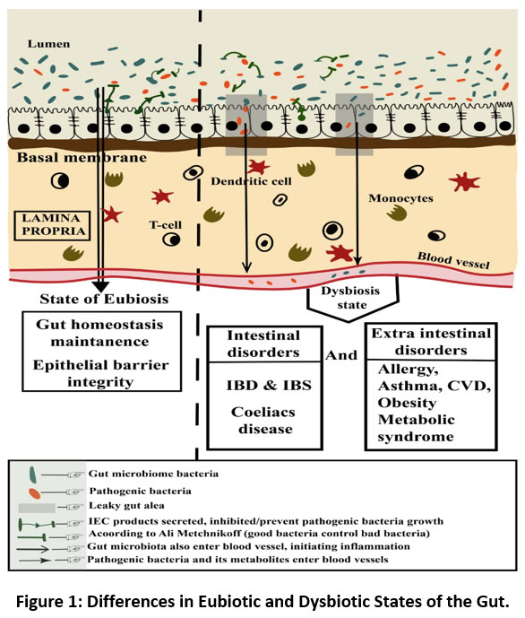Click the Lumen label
tap(48, 44)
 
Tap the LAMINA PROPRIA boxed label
tap(52, 225)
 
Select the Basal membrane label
tap(82, 158)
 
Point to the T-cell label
tap(165, 225)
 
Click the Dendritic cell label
tap(251, 181)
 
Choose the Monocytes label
tap(400, 198)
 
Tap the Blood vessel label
tap(453, 260)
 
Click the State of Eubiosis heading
tap(104, 300)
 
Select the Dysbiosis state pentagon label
tap(350, 298)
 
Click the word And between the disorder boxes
tap(340, 355)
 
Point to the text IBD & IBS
tap(269, 386)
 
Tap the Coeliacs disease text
tap(263, 420)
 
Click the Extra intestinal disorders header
tap(431, 342)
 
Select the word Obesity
tap(407, 404)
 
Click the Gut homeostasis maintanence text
tap(100, 333)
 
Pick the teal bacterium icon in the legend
tap(33, 474)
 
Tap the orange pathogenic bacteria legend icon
tap(35, 493)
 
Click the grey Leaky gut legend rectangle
tap(37, 508)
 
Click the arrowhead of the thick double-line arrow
tap(100, 286)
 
